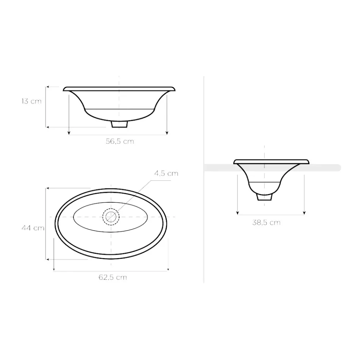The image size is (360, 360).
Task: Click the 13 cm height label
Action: click(31, 101)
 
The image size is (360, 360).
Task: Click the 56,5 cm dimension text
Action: click(119, 141)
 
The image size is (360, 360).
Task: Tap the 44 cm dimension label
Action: click(33, 228)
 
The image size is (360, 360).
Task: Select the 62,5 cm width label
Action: click(113, 277)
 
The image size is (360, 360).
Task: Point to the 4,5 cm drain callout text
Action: click(166, 174)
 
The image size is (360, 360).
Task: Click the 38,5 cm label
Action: click(266, 222)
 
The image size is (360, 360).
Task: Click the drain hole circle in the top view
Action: click(111, 217)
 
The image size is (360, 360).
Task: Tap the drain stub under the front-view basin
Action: click(119, 124)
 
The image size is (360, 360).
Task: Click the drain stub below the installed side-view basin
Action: click(264, 197)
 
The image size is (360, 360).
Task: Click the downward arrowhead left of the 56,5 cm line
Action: click(69, 133)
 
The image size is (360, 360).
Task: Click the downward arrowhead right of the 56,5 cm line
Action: click(167, 133)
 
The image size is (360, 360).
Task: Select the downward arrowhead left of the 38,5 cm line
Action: click(237, 213)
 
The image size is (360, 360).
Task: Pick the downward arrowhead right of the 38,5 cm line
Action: click(304, 213)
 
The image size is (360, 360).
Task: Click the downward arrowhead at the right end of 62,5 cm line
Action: click(168, 269)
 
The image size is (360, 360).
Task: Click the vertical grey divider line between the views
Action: click(204, 227)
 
